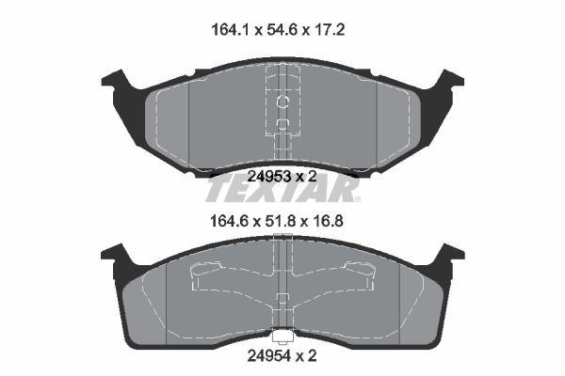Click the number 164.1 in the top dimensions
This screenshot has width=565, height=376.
230,29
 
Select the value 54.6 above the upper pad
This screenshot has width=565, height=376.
281,29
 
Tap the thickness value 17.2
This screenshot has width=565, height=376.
330,29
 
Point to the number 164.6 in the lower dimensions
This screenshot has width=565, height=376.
229,221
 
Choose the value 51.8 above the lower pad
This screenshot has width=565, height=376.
280,221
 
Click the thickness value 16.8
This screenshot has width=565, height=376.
328,221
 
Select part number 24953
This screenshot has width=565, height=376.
269,177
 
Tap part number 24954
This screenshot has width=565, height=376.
268,356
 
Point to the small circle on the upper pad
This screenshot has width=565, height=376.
282,102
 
